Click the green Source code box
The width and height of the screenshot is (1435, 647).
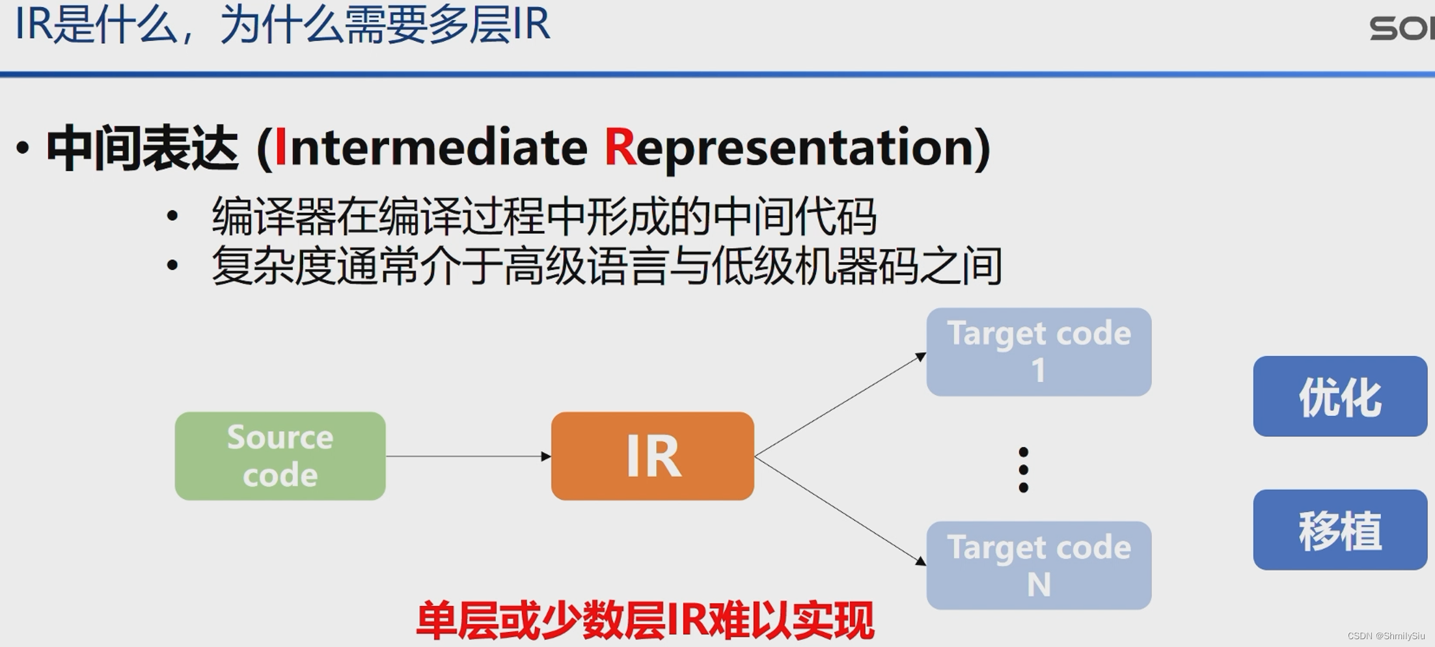coord(280,456)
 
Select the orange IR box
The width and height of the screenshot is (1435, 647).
coord(652,456)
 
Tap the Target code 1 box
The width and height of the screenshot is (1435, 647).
coord(1039,351)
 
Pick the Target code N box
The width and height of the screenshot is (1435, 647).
coord(1039,565)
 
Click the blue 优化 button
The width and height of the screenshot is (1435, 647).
coord(1339,396)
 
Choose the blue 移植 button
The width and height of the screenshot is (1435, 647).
coord(1339,530)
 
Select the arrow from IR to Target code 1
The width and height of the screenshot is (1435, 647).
coord(840,405)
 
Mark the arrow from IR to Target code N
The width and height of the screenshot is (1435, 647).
coord(840,509)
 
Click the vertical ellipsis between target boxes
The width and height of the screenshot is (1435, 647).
coord(1023,469)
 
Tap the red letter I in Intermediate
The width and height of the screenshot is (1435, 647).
coord(280,148)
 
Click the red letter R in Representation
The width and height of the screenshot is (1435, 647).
coord(620,148)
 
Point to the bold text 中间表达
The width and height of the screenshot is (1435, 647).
coord(142,149)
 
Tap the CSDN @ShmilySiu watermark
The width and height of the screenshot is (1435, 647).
coord(1386,636)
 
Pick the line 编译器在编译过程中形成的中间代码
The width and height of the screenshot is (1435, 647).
coord(543,217)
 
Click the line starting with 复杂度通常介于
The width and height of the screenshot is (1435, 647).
coord(606,266)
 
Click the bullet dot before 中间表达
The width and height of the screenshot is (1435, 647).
coord(23,148)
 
